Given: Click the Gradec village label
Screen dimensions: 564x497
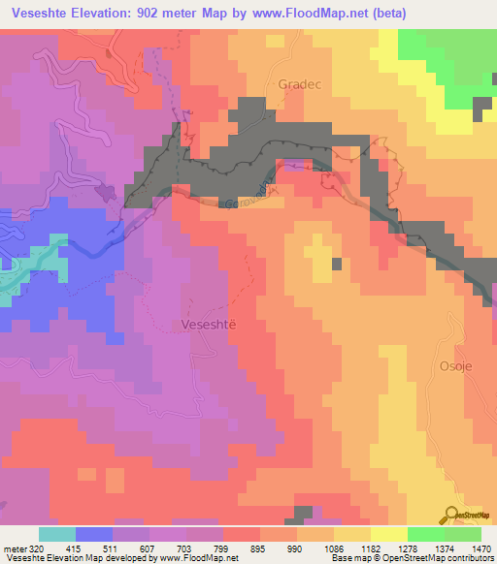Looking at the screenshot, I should [299, 83].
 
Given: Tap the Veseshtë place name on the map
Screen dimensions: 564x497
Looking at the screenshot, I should [209, 326].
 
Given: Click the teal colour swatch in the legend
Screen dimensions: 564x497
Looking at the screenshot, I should [57, 534].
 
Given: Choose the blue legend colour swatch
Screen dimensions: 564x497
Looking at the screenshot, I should [94, 534].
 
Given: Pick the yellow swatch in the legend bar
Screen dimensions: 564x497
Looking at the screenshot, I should [388, 534].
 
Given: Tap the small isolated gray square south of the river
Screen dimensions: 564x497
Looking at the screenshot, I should [337, 264].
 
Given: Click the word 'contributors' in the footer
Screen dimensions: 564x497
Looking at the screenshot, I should [470, 558].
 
